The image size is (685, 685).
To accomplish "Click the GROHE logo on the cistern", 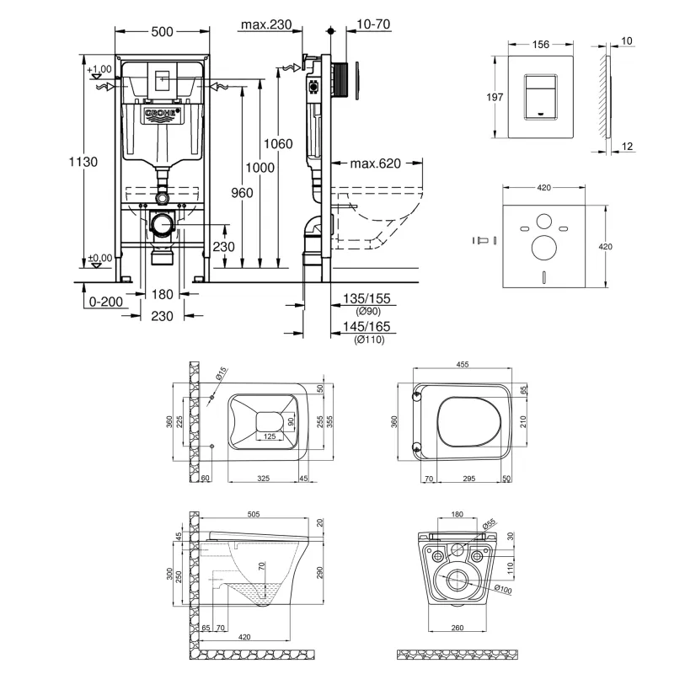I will [x=163, y=114].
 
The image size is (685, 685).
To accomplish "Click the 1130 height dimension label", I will [x=86, y=162].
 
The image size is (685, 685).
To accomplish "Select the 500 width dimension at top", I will [x=163, y=31].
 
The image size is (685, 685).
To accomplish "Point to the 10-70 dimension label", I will [x=372, y=25].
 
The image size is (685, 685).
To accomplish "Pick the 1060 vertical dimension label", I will [x=277, y=144].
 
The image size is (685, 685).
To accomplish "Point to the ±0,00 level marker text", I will [x=100, y=259].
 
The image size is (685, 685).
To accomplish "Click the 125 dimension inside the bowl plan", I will [x=270, y=436].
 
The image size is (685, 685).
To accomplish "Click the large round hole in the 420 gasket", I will [x=543, y=246].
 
